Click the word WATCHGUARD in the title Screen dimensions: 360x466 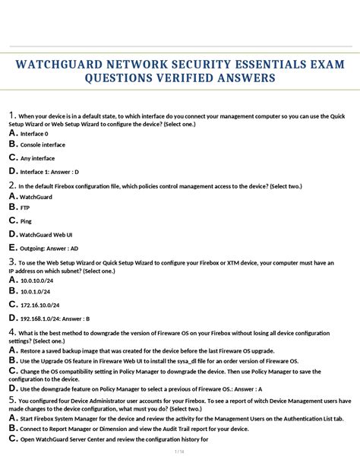pos(69,64)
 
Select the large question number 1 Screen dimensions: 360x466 pos(11,115)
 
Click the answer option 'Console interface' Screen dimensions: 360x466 pos(43,144)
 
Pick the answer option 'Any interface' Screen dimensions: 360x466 pos(37,158)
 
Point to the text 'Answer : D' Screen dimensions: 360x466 pos(65,172)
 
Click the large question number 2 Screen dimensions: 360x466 pos(12,185)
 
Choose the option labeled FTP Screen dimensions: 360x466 pos(25,207)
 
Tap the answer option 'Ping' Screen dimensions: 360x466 pos(26,221)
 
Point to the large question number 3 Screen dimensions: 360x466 pos(12,262)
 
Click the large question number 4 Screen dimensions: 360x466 pos(12,332)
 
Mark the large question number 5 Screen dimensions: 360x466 pos(12,399)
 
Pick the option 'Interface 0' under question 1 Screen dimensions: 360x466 pos(34,134)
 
